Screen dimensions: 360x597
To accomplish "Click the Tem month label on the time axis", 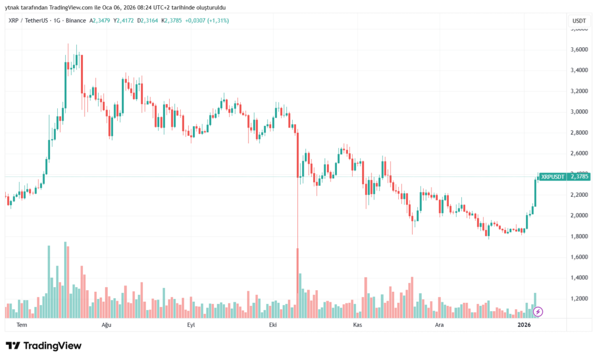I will coord(22,325).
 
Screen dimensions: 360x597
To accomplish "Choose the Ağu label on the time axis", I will coord(106,325).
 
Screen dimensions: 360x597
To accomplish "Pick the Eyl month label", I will coord(190,325).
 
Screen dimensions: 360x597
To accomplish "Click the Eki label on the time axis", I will coord(272,325).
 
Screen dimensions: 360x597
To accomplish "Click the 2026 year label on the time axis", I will coord(524,325).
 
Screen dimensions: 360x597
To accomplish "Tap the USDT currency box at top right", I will coord(579,20).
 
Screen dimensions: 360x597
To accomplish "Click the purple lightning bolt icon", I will coord(538,312).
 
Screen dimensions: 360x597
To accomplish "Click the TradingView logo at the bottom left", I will coord(44,346).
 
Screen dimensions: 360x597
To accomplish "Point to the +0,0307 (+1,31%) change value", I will coord(209,20).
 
